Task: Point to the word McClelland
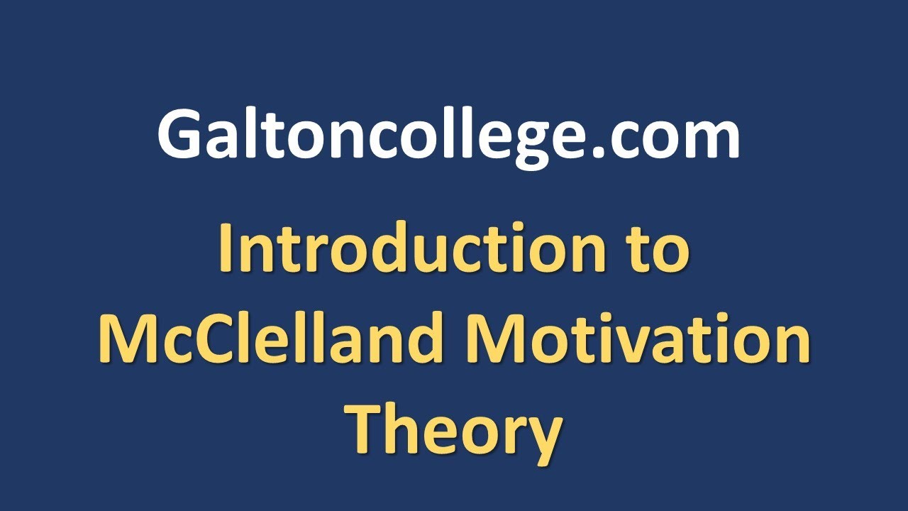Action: point(277,339)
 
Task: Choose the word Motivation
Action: point(638,339)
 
